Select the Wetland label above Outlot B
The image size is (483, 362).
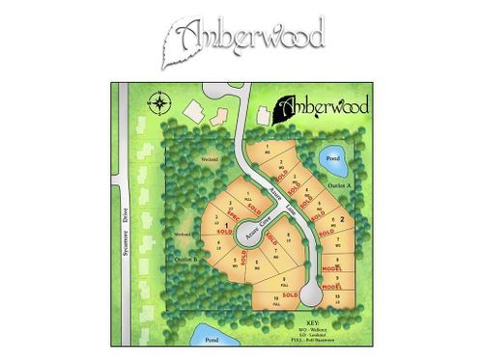coord(183,235)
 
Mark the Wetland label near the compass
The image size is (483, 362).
coord(210,158)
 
